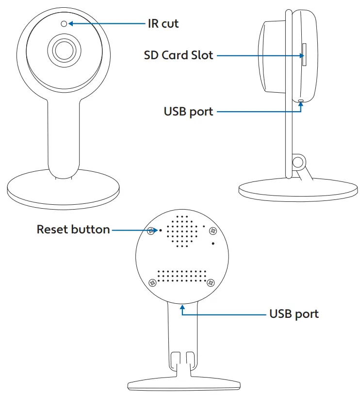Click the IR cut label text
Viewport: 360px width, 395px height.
pos(163,23)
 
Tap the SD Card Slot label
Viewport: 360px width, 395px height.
pos(178,55)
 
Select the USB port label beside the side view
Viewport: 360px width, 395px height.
pos(188,112)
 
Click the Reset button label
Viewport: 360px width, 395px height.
pos(73,229)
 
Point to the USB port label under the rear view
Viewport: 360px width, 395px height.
pos(294,314)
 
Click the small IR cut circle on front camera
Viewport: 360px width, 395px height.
pos(64,23)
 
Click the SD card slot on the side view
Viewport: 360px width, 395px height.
pos(304,54)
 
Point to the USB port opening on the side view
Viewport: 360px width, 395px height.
pos(301,101)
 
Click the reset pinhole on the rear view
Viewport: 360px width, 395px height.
pos(161,230)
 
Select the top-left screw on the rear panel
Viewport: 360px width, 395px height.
pos(152,231)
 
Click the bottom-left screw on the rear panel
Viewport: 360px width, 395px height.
pos(152,282)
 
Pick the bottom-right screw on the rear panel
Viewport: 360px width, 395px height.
pos(210,282)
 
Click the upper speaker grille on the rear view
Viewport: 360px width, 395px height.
pos(183,232)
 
